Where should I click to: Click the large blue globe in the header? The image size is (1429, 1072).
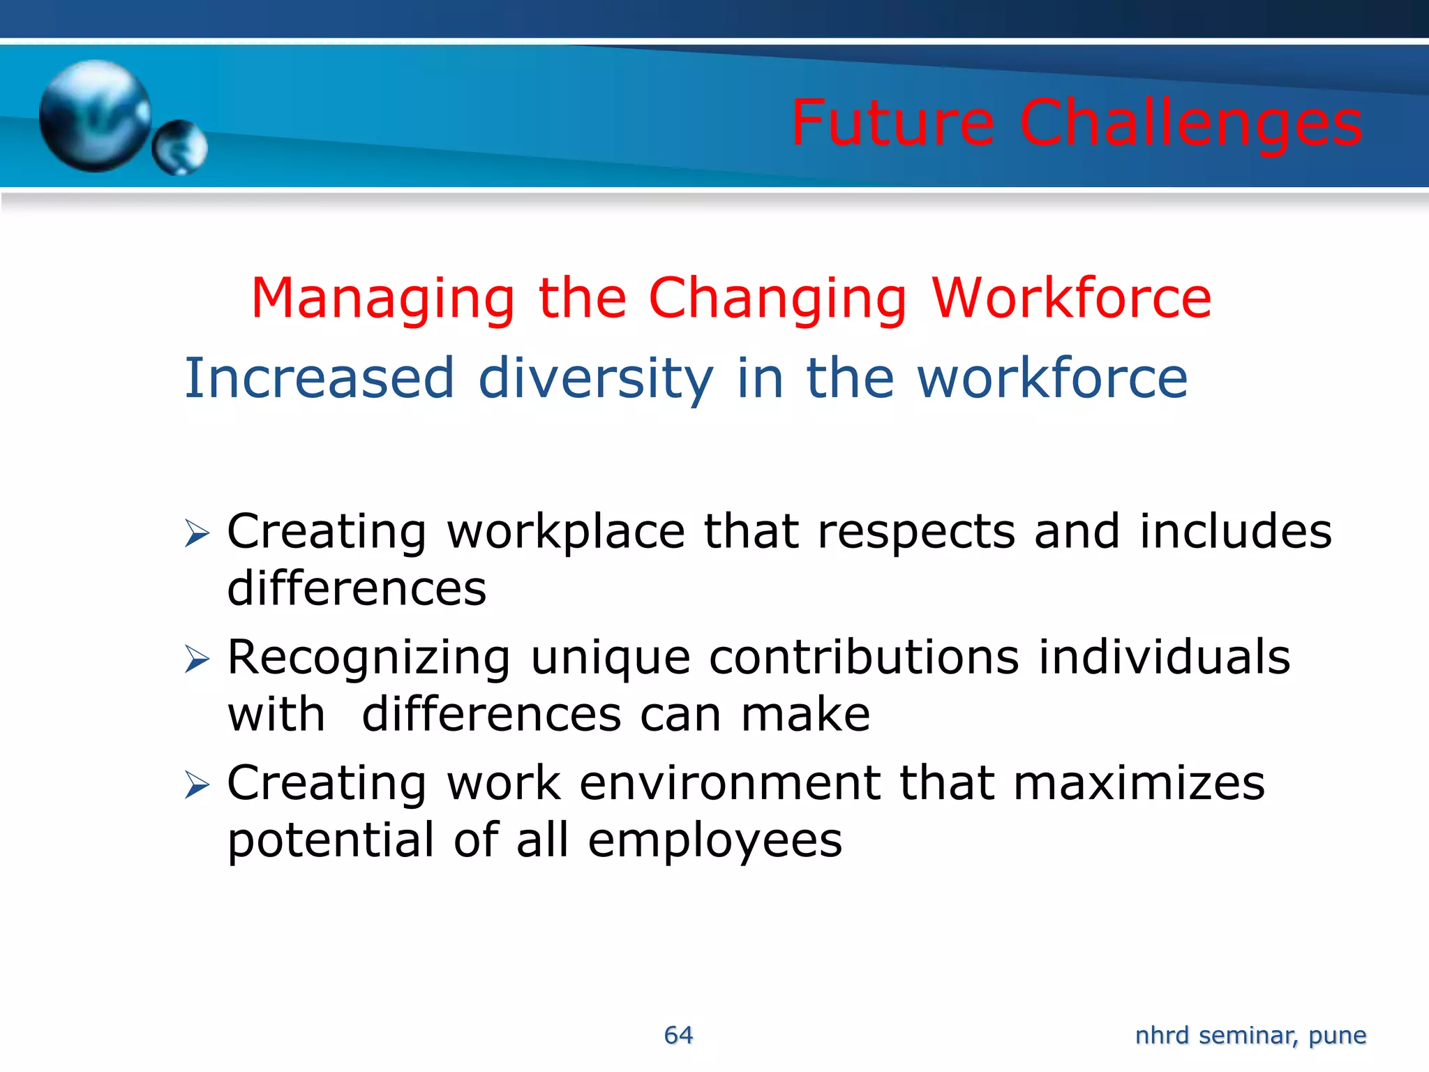point(94,115)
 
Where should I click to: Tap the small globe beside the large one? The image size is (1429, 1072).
point(180,147)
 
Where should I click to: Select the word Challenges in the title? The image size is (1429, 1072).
point(1190,124)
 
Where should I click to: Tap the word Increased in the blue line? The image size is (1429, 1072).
point(320,378)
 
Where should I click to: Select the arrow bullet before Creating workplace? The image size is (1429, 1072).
point(197,534)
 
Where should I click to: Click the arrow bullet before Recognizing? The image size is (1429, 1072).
point(197,660)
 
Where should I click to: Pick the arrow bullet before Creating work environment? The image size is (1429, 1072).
point(197,785)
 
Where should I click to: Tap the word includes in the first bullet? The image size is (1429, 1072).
point(1235,532)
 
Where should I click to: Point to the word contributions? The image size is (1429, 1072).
point(864,657)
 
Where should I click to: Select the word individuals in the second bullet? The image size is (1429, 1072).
point(1164,657)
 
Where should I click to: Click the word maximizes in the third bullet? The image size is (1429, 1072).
point(1139,783)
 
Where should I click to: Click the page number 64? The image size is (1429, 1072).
point(678,1035)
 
